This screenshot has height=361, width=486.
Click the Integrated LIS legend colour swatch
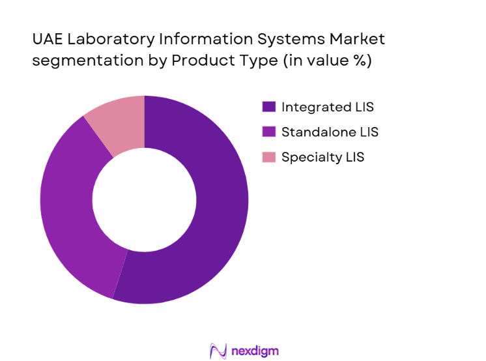click(268, 107)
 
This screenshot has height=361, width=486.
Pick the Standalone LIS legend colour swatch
click(268, 132)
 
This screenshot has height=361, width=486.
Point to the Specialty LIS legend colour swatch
click(268, 157)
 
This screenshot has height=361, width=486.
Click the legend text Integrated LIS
click(328, 107)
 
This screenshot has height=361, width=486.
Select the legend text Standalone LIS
click(330, 132)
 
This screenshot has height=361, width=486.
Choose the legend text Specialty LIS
click(323, 157)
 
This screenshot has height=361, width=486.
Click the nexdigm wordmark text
click(255, 351)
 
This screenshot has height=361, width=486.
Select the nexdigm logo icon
click(218, 351)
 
